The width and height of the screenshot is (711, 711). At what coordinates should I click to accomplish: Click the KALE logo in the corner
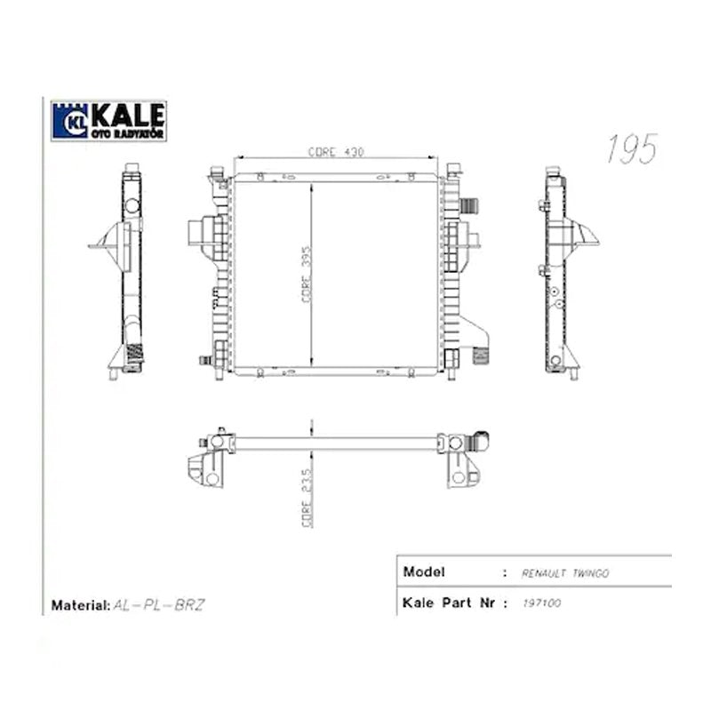pyautogui.click(x=108, y=121)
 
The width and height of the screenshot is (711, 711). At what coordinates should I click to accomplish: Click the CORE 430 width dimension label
pyautogui.click(x=336, y=152)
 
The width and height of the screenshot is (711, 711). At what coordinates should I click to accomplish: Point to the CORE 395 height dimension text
pyautogui.click(x=307, y=275)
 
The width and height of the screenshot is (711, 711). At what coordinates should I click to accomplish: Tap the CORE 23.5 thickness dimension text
pyautogui.click(x=307, y=498)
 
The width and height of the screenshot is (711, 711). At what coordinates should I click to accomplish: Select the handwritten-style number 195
pyautogui.click(x=632, y=148)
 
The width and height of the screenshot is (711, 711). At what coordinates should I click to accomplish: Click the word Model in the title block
pyautogui.click(x=424, y=571)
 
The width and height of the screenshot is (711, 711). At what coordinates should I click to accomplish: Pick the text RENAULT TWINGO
pyautogui.click(x=565, y=573)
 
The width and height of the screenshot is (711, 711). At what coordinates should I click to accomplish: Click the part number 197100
pyautogui.click(x=542, y=603)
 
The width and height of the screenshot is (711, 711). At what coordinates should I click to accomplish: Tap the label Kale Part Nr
pyautogui.click(x=449, y=603)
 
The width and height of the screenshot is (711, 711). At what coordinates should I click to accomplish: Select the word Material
pyautogui.click(x=80, y=605)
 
